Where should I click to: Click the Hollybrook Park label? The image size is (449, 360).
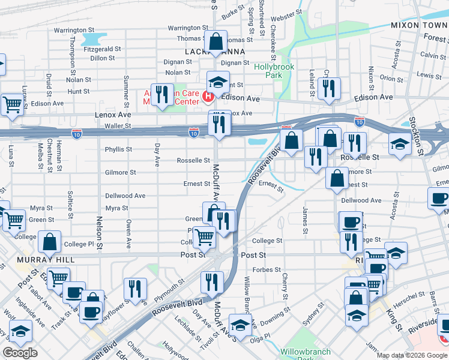(274, 71)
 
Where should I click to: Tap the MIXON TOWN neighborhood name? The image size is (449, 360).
(418, 26)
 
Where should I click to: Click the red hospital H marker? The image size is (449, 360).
(209, 97)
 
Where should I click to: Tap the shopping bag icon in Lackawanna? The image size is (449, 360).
(216, 43)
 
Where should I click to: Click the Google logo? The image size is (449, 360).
(20, 353)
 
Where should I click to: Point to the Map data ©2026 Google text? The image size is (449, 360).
(412, 355)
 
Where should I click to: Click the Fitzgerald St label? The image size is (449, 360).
(103, 49)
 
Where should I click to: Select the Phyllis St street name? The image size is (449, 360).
(118, 149)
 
